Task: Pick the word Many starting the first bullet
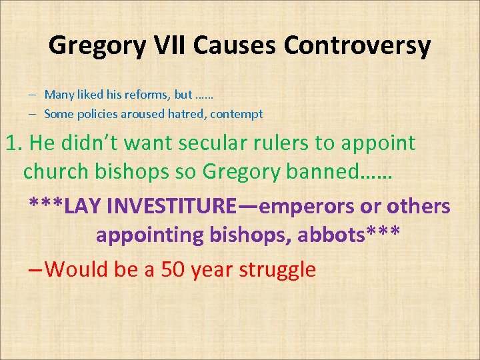[57, 95]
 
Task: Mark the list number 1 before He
[11, 143]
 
